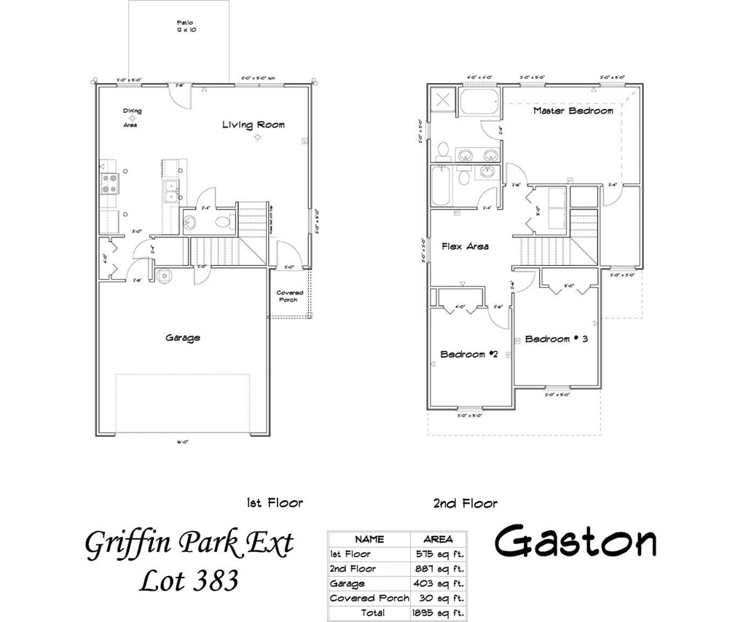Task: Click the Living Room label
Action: pyautogui.click(x=254, y=125)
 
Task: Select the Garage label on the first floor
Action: pyautogui.click(x=182, y=338)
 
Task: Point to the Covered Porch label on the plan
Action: pyautogui.click(x=289, y=296)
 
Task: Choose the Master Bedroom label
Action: pyautogui.click(x=573, y=111)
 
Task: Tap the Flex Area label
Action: pyautogui.click(x=465, y=246)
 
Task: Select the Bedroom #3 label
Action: pyautogui.click(x=556, y=339)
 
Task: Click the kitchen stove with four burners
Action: pyautogui.click(x=109, y=183)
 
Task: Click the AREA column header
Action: pyautogui.click(x=437, y=540)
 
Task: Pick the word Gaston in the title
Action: pyautogui.click(x=576, y=542)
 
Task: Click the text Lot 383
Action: pyautogui.click(x=189, y=580)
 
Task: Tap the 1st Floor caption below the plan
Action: pyautogui.click(x=274, y=503)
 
